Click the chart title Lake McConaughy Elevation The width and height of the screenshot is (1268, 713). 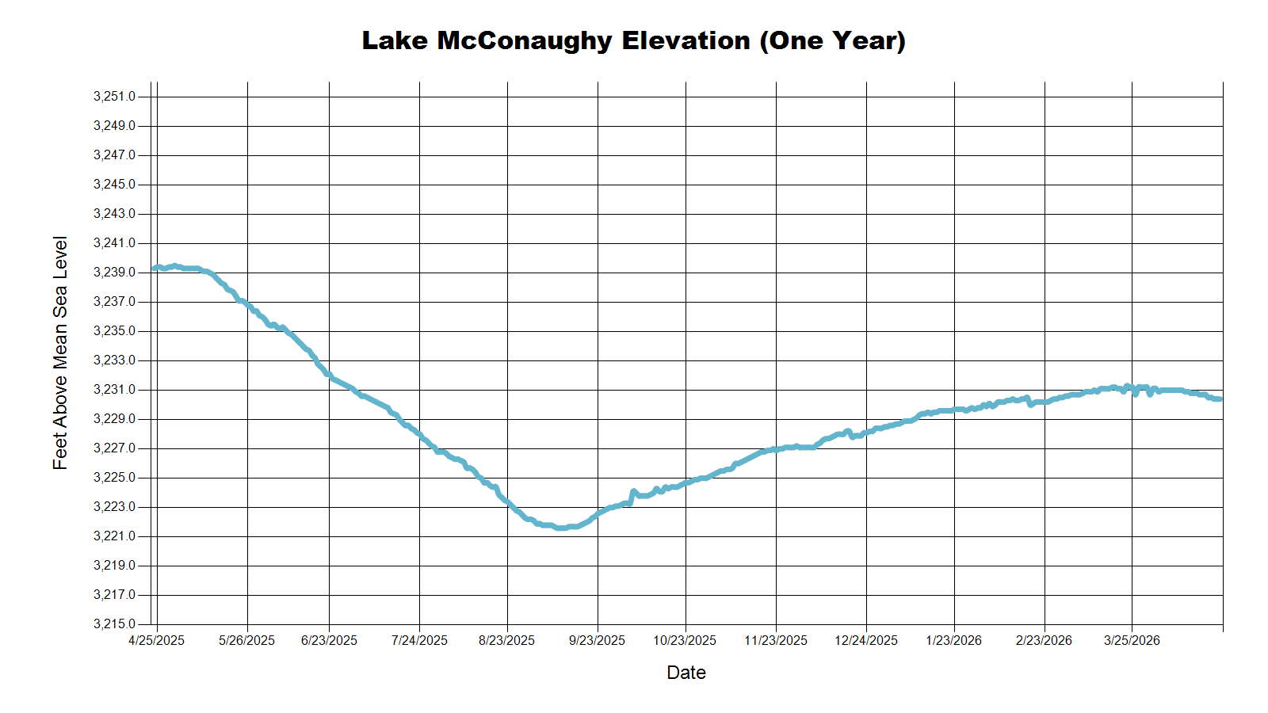(x=633, y=40)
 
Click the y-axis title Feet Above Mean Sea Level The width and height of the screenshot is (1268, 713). (x=60, y=353)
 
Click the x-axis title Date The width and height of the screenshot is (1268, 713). (x=686, y=673)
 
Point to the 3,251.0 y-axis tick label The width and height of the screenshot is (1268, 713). (x=114, y=97)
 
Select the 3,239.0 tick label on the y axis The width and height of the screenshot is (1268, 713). (x=114, y=273)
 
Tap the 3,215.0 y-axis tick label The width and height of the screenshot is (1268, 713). (x=114, y=624)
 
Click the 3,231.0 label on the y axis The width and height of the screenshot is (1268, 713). (x=114, y=390)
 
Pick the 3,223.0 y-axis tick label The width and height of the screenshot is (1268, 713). (x=114, y=507)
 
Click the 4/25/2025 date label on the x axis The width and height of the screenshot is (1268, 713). (x=156, y=641)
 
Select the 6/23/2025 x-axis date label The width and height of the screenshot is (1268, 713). (x=329, y=641)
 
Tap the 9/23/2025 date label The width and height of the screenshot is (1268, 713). (x=597, y=641)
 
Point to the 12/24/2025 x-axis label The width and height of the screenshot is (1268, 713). (x=865, y=641)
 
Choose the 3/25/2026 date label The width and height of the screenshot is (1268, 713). (x=1132, y=641)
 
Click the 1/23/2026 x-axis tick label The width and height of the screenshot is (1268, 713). (x=953, y=641)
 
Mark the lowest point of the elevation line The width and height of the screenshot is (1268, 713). (x=560, y=528)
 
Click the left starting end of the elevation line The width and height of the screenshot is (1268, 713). (x=155, y=269)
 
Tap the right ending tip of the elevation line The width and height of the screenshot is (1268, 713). (x=1220, y=399)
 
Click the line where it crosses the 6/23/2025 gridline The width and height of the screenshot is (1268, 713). (x=329, y=376)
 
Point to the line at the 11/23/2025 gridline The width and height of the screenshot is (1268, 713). (x=776, y=449)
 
